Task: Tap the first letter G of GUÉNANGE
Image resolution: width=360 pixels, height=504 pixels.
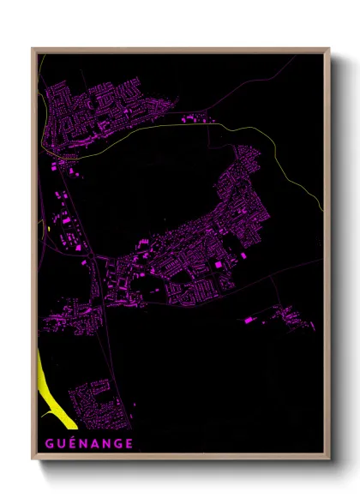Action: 43,444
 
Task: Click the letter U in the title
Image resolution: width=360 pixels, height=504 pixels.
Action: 55,444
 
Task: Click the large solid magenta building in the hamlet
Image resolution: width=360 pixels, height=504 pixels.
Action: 249,320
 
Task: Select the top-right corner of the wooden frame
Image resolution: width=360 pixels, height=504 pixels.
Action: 328,49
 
